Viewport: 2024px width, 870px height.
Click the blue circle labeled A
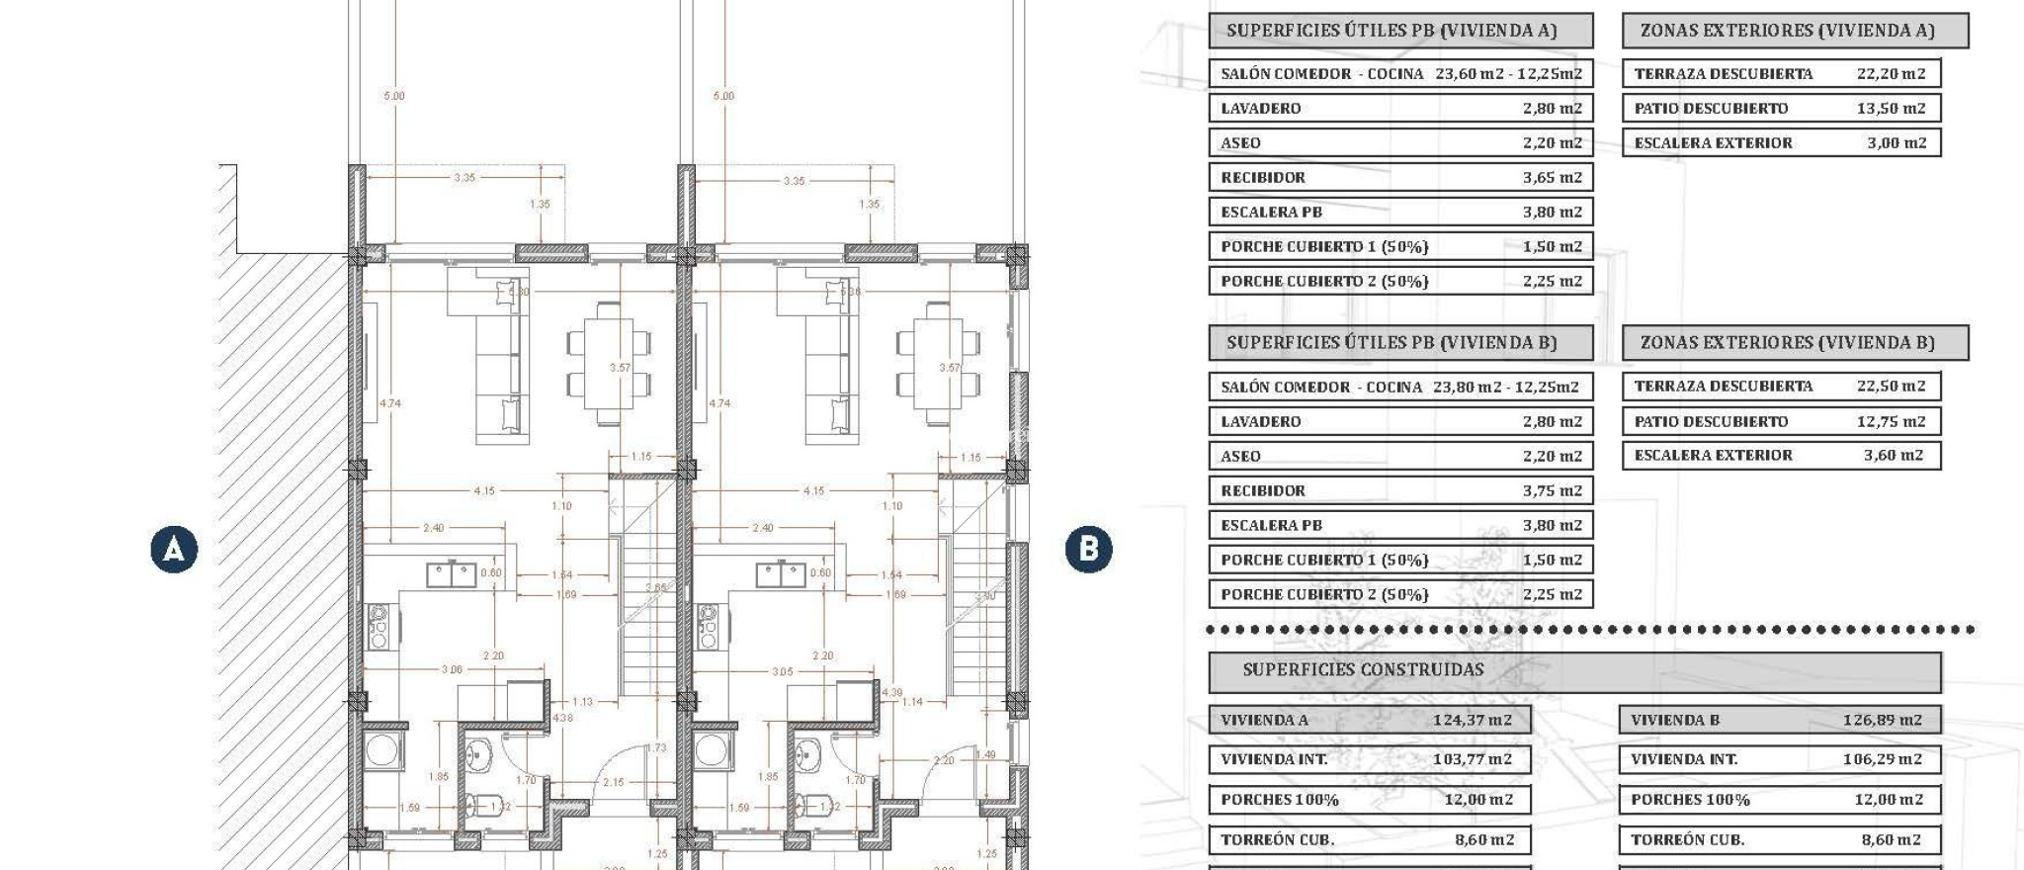tap(174, 549)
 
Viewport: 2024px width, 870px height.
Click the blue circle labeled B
tap(1088, 549)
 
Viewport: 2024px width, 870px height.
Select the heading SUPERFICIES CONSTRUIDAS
tap(1363, 670)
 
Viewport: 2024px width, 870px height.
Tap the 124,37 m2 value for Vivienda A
tap(1472, 720)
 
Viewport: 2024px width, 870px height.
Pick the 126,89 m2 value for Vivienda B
tap(1882, 720)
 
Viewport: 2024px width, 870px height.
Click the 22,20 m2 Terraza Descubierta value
tap(1891, 73)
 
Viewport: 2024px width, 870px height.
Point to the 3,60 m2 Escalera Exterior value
tap(1893, 456)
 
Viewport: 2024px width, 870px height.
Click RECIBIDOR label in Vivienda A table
tap(1263, 178)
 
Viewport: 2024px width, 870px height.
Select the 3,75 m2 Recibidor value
tap(1552, 490)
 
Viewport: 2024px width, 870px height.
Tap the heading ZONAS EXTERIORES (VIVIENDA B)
tap(1787, 343)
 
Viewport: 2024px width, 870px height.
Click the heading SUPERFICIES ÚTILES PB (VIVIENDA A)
tap(1391, 31)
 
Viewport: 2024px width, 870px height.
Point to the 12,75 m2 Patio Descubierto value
tap(1891, 421)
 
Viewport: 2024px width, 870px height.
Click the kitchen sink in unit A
tap(452, 573)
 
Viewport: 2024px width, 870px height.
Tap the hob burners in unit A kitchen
tap(379, 627)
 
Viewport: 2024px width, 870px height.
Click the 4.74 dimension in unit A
tap(390, 403)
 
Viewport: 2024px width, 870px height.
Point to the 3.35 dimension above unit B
tap(794, 181)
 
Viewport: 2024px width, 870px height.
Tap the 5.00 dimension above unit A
tap(393, 96)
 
